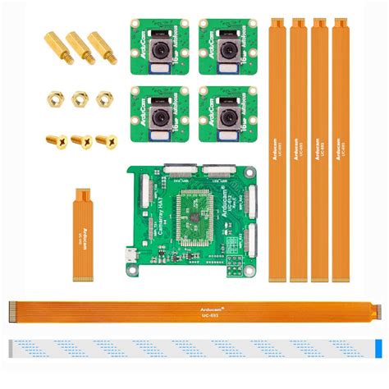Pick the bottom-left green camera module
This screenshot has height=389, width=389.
159,113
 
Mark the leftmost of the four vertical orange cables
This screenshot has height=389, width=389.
275,148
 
